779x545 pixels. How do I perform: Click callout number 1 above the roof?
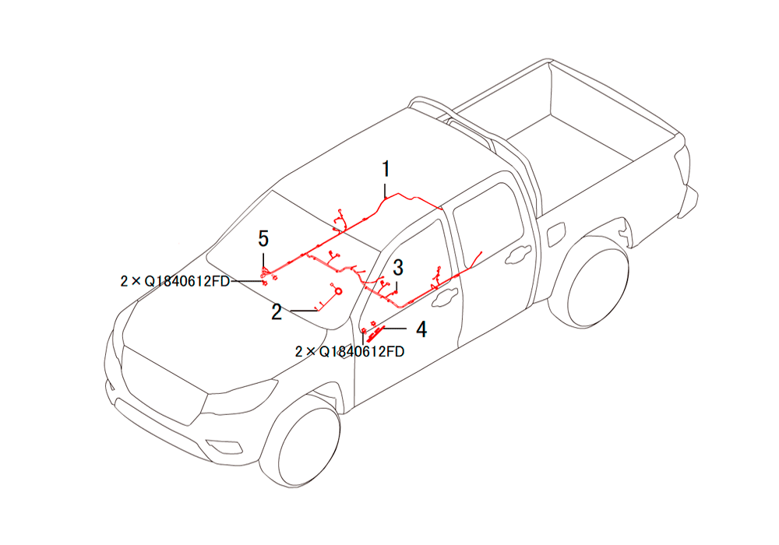tap(386, 169)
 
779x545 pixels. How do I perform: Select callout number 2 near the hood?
tap(277, 311)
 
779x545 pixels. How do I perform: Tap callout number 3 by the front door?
tap(398, 268)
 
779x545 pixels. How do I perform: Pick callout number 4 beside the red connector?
tap(421, 329)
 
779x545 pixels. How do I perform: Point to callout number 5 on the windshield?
tap(263, 239)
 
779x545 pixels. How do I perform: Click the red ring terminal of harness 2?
tap(338, 291)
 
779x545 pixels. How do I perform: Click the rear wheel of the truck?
tap(596, 280)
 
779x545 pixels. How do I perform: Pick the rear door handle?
tap(518, 255)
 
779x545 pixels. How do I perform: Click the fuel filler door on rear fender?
tap(556, 234)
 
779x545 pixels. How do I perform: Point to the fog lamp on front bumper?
tap(224, 447)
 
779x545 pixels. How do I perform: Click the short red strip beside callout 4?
tap(375, 332)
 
